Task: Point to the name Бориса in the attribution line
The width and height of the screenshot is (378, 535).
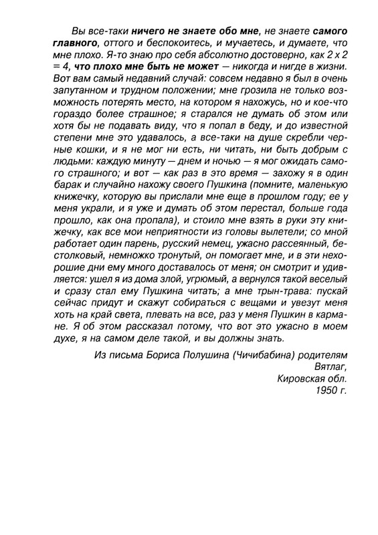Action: pyautogui.click(x=163, y=353)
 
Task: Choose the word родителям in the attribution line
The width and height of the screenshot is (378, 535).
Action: pyautogui.click(x=324, y=353)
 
